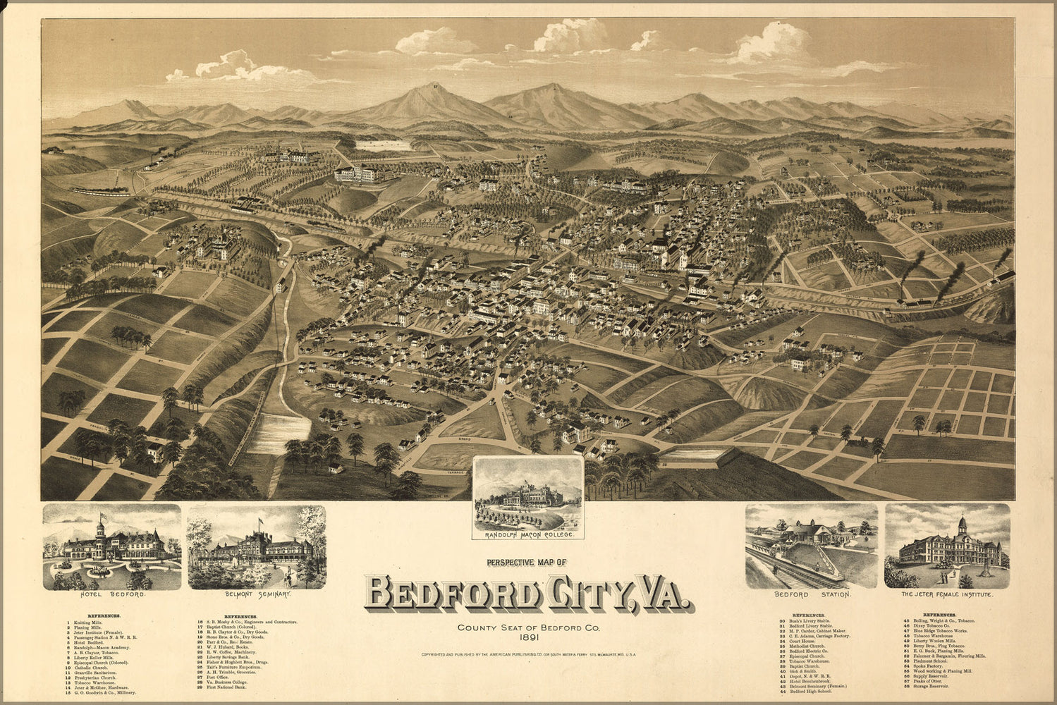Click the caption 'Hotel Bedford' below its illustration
click(112, 594)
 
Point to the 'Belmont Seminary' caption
click(257, 594)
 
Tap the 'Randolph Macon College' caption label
click(528, 535)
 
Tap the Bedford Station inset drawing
click(811, 546)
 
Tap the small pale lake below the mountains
click(384, 145)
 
